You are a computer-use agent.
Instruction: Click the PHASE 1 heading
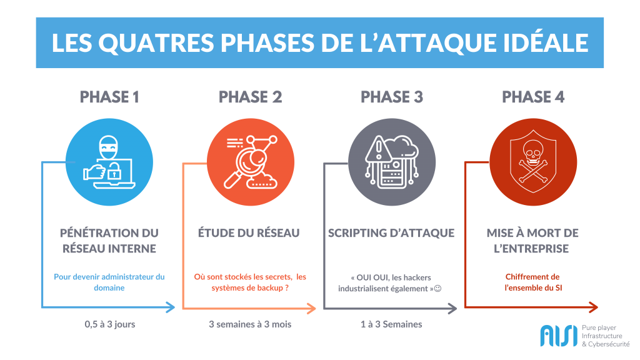point(109,97)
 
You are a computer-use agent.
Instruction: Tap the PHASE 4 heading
point(533,97)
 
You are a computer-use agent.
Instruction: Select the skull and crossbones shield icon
point(533,162)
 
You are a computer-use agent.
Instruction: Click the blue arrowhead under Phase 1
point(170,307)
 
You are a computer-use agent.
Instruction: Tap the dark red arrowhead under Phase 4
point(594,307)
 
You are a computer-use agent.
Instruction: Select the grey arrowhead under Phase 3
point(452,308)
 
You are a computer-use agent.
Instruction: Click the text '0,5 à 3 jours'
point(110,324)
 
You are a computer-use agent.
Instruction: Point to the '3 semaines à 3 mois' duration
point(250,324)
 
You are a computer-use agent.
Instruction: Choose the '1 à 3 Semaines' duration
point(391,324)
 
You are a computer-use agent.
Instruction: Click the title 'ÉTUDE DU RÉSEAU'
point(249,233)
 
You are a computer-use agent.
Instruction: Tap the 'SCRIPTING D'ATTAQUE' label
point(391,233)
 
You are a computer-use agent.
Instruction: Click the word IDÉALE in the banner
point(546,43)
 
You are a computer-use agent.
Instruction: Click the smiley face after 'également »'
point(438,289)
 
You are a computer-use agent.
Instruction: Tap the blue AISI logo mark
point(559,336)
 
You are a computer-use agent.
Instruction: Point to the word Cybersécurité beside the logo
point(609,344)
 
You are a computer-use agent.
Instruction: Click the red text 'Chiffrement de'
point(532,277)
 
